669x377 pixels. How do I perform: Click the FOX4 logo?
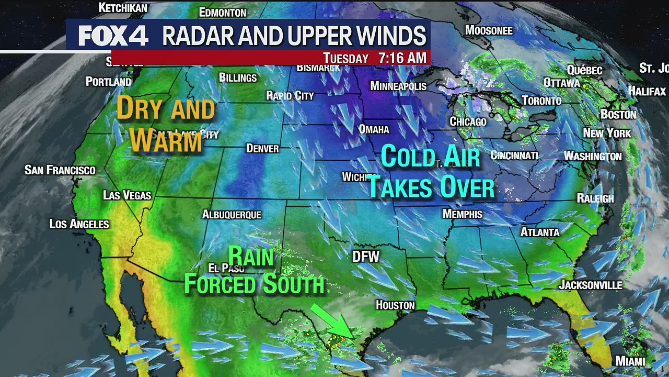click(x=113, y=36)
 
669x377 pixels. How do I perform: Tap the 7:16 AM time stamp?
click(x=402, y=58)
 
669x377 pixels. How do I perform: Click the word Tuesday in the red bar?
click(x=345, y=58)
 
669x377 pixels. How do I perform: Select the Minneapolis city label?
click(x=398, y=86)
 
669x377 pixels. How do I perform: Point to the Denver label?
click(x=262, y=149)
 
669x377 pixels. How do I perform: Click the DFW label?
click(x=366, y=257)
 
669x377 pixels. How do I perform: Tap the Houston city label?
click(x=395, y=305)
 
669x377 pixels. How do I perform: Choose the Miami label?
click(x=630, y=361)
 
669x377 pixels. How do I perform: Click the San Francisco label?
click(x=60, y=170)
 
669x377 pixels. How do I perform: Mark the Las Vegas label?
click(x=127, y=195)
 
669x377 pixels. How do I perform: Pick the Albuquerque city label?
click(x=232, y=215)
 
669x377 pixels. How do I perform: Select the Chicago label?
click(x=468, y=121)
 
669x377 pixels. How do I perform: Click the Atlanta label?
click(x=540, y=232)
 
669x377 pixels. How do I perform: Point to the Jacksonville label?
click(x=591, y=285)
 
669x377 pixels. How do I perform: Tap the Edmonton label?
click(x=223, y=13)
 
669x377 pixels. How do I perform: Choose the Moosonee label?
click(x=489, y=30)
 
